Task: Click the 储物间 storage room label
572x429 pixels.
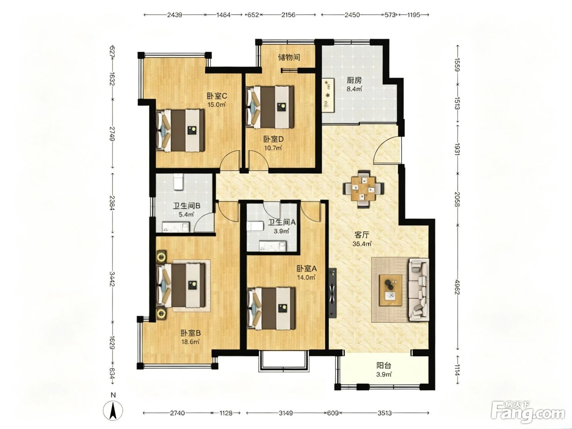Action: point(289,57)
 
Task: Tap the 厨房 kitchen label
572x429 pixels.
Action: point(354,80)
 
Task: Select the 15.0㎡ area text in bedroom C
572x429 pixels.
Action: point(216,105)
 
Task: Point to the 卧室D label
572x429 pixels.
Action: point(273,139)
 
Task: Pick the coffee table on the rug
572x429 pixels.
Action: point(390,290)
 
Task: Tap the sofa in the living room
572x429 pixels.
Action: point(418,289)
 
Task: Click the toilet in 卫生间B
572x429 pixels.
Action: point(179,181)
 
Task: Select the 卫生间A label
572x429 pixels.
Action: point(282,222)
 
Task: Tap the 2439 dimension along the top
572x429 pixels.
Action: point(174,15)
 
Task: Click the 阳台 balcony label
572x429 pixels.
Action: point(384,366)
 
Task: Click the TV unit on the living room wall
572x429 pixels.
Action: point(333,293)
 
